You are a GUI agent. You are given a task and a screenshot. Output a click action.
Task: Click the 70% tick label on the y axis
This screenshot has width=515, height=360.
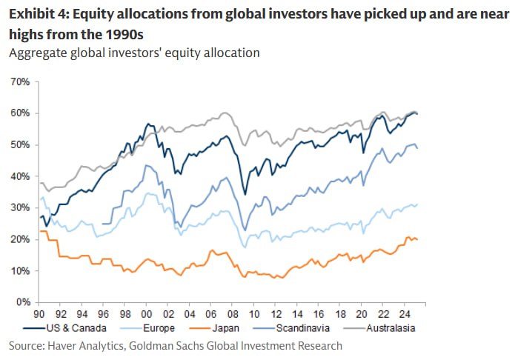click(x=19, y=81)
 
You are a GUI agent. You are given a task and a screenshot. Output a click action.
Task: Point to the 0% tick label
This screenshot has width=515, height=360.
click(x=21, y=303)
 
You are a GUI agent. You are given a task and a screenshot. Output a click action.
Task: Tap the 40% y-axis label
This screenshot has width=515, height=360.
click(x=19, y=176)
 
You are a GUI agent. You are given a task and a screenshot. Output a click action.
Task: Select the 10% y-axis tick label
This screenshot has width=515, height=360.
click(x=19, y=271)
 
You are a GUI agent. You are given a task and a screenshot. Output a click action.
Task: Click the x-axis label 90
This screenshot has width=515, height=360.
click(x=40, y=313)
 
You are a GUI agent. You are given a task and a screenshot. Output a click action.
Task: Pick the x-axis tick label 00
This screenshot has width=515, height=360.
click(x=147, y=313)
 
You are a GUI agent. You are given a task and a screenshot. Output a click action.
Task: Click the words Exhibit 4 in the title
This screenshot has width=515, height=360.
click(x=36, y=12)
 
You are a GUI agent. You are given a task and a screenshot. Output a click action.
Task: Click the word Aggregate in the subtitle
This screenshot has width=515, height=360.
click(x=36, y=54)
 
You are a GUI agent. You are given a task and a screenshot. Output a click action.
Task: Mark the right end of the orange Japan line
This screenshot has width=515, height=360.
click(x=417, y=239)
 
